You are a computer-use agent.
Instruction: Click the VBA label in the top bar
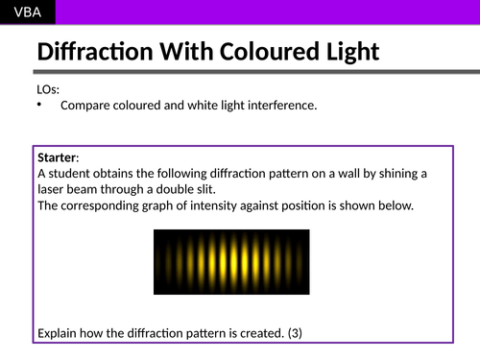click(x=27, y=12)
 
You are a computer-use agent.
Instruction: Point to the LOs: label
click(x=48, y=90)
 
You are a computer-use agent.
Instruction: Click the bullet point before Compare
click(x=41, y=106)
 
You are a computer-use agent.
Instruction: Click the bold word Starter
click(x=57, y=156)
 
